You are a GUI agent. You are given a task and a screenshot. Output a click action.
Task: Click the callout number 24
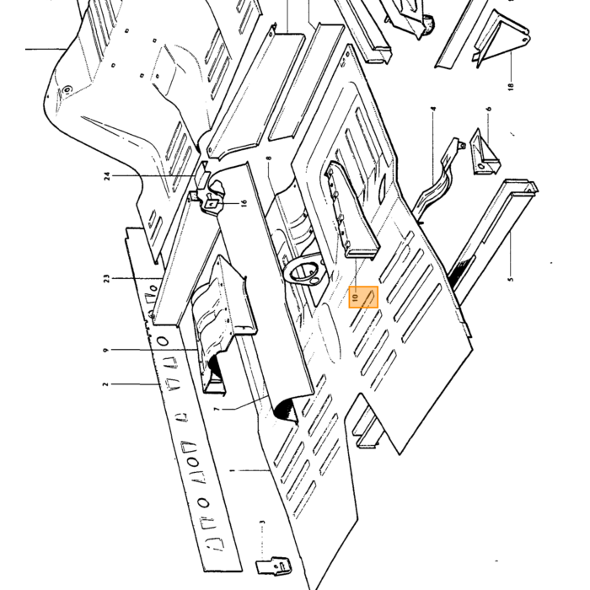point(107,175)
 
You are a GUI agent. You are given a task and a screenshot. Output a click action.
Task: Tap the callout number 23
point(107,278)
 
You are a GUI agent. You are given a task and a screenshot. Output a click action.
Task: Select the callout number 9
point(105,350)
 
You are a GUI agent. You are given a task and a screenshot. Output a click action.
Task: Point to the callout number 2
point(105,384)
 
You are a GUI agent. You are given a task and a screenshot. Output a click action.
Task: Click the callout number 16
point(244,203)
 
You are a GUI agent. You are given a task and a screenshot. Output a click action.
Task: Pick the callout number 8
point(269,158)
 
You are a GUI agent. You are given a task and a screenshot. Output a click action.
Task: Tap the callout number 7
point(217,408)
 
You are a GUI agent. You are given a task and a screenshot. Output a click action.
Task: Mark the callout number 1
point(232,470)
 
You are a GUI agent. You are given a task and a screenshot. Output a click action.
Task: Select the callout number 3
point(263,522)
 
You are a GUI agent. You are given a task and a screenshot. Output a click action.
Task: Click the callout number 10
point(355,298)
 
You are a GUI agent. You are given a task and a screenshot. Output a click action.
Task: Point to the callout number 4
point(433,109)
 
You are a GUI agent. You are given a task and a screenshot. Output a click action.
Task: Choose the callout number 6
point(488,109)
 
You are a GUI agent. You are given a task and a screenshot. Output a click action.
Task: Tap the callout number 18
point(510,87)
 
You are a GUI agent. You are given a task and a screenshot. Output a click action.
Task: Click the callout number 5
point(510,279)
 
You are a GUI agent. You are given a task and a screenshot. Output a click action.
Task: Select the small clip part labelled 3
point(274,566)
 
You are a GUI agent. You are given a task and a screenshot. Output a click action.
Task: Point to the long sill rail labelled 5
point(493,237)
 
